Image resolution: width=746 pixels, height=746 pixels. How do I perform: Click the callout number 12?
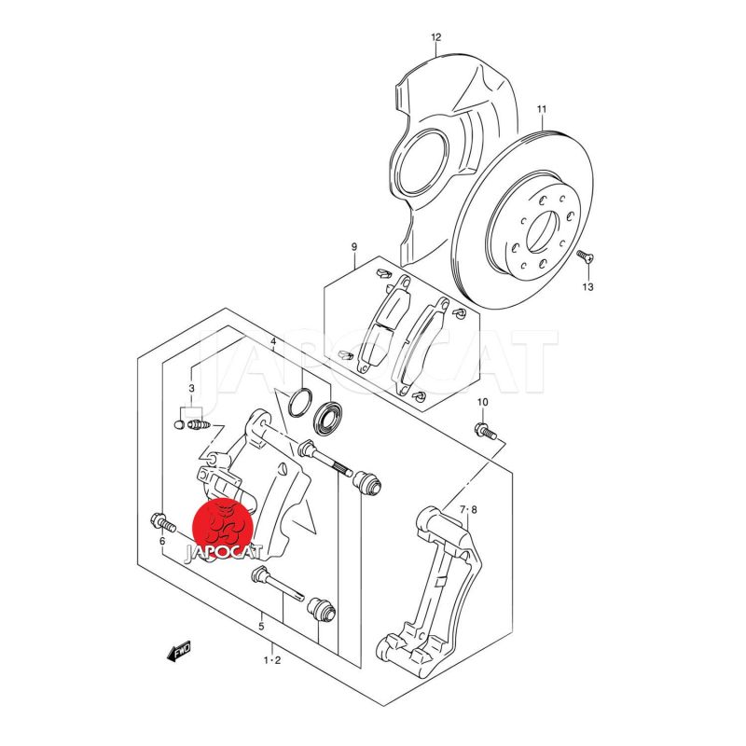tap(436, 37)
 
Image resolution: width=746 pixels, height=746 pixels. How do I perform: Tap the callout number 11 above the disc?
tap(542, 109)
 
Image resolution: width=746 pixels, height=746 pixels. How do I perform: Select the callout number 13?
tap(588, 287)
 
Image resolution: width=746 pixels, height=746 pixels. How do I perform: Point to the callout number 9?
tap(354, 247)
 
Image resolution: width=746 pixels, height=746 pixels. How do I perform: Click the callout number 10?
tap(482, 403)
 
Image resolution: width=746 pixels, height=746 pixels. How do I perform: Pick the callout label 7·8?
tap(468, 510)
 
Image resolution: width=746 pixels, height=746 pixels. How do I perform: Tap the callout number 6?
tap(162, 541)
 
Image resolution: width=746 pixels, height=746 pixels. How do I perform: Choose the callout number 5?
tap(261, 626)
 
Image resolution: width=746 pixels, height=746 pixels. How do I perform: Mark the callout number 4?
tap(273, 341)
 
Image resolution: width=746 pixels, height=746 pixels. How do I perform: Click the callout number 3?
tap(191, 388)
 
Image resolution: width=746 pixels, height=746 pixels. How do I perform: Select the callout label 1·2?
tap(272, 660)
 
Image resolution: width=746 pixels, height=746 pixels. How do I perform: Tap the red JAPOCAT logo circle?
tap(222, 528)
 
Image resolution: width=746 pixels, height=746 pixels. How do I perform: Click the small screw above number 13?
tap(586, 256)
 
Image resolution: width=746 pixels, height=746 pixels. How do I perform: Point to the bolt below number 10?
tap(485, 431)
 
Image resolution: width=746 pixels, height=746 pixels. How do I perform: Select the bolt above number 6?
tap(163, 522)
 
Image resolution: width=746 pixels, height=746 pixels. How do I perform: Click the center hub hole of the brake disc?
tap(542, 231)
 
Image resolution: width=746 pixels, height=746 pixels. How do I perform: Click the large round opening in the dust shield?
tap(421, 162)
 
